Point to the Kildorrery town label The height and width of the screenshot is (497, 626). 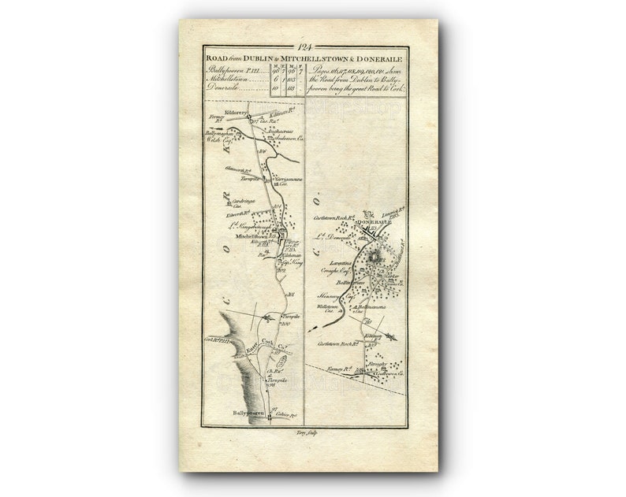point(236,113)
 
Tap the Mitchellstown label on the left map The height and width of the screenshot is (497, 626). point(245,236)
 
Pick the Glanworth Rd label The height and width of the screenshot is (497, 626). point(214,169)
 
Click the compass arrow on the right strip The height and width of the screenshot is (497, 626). point(389,336)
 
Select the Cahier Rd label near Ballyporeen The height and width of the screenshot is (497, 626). point(285,412)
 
